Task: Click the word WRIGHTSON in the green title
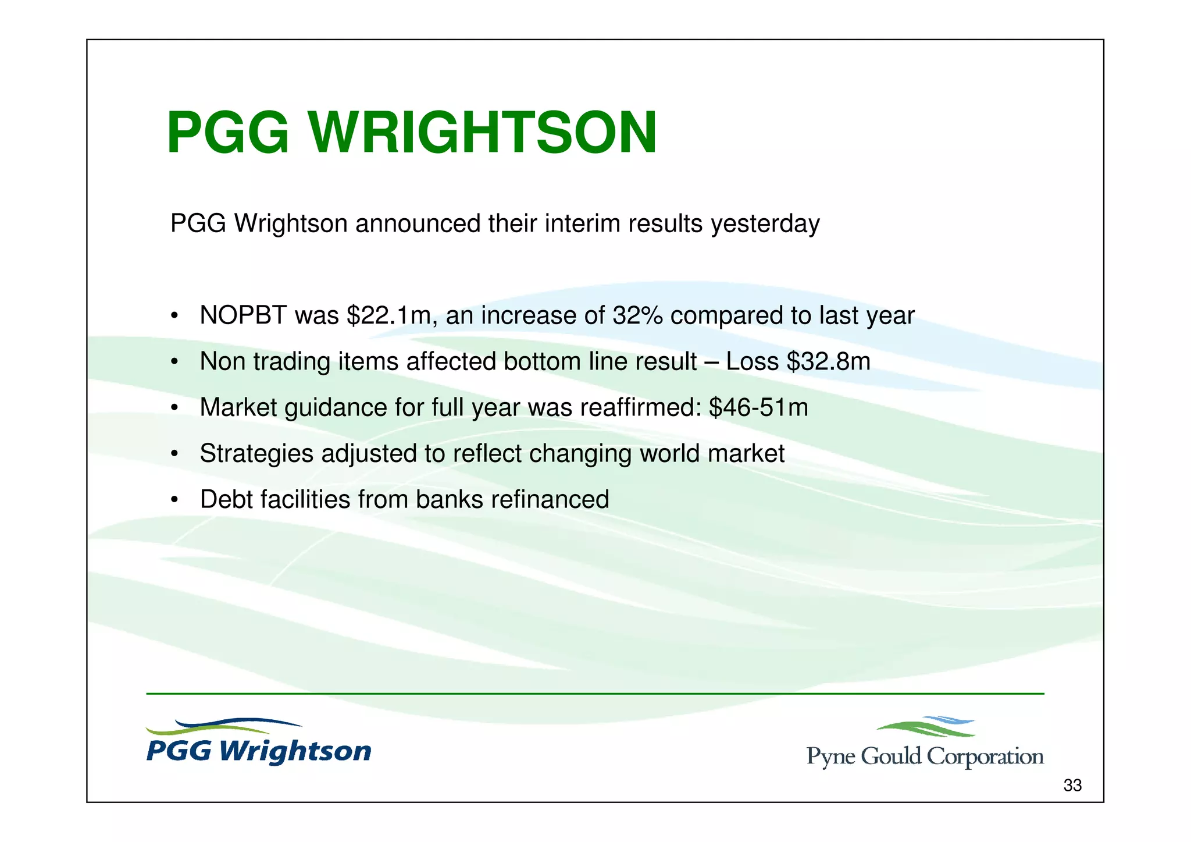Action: tap(483, 134)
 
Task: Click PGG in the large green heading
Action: tap(228, 134)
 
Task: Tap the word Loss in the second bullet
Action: tap(752, 362)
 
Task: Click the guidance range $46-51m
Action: tap(758, 408)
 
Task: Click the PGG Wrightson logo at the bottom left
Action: tap(258, 744)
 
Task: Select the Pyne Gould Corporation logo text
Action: tap(925, 756)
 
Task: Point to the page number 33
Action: tap(1072, 786)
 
